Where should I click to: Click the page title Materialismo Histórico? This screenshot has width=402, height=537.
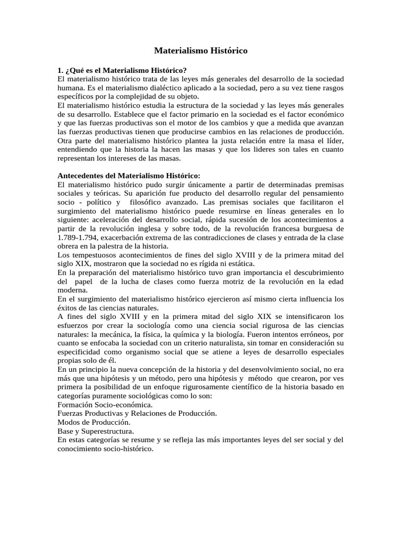point(200,51)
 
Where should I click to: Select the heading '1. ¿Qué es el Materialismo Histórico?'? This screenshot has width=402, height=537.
point(122,70)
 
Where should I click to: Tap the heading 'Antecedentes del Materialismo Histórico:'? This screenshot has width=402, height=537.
point(129,175)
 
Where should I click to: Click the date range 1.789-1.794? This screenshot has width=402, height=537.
point(79,238)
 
